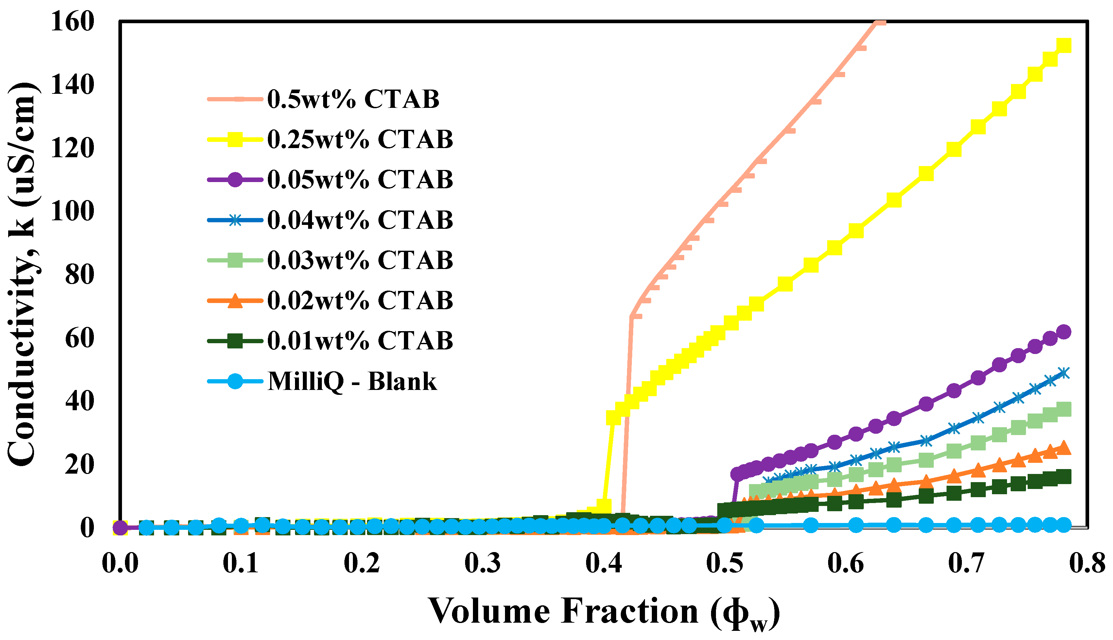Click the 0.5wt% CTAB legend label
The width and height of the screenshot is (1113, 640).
pos(353,99)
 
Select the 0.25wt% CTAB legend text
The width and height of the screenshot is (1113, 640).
pos(360,140)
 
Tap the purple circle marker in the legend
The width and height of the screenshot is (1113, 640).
pos(235,180)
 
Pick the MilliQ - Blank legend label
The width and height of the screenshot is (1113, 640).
pos(352,381)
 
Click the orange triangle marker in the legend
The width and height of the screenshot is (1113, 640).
pos(235,301)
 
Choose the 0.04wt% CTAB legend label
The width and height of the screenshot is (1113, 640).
pos(360,220)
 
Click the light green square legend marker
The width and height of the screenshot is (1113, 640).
pos(235,260)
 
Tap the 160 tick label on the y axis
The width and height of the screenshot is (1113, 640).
pos(73,21)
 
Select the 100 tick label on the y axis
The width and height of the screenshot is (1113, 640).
pos(73,211)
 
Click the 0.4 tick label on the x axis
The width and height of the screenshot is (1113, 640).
pos(604,564)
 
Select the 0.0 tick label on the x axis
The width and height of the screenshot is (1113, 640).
pos(120,564)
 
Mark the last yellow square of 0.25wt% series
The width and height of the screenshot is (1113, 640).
pos(1063,45)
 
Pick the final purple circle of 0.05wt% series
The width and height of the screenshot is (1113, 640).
pos(1063,332)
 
